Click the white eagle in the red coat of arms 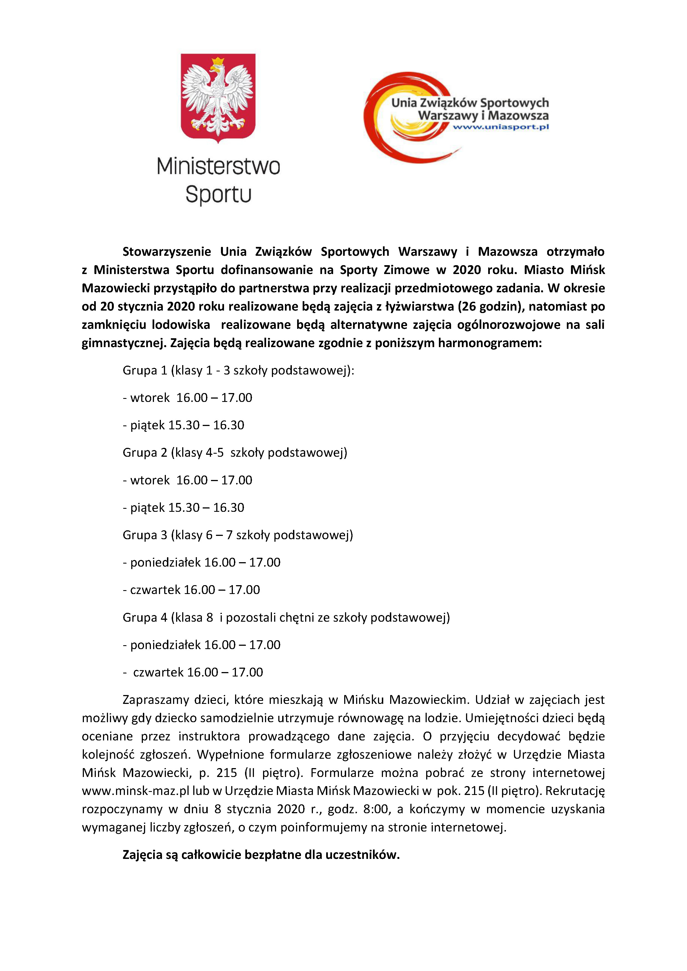click(218, 96)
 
